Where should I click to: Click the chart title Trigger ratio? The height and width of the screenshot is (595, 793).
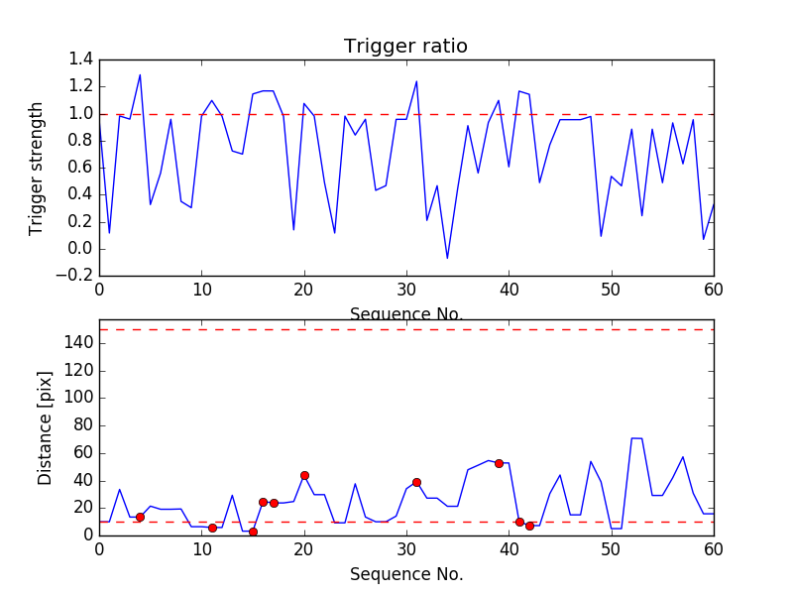tap(405, 47)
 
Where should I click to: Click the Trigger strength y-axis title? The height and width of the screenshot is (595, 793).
tap(37, 168)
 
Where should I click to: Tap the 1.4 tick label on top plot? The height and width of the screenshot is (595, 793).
tap(81, 59)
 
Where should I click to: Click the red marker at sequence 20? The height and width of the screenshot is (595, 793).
tap(304, 475)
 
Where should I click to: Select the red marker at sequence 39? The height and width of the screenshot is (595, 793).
tap(499, 463)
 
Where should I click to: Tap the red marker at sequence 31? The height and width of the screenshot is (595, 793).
tap(416, 482)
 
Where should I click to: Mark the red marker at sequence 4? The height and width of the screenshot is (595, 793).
tap(140, 517)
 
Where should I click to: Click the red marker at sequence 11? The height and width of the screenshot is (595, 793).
tap(212, 528)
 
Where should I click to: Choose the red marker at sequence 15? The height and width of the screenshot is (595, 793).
tap(253, 532)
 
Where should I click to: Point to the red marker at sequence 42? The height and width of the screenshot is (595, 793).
tap(529, 526)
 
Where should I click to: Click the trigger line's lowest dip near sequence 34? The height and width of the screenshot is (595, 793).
tap(447, 258)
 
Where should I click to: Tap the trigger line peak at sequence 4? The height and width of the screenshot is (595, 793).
tap(140, 75)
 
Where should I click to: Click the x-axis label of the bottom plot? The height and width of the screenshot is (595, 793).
tap(405, 574)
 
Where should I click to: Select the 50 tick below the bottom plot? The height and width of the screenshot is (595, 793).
tap(611, 548)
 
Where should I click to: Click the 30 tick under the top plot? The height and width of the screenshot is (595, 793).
tap(406, 290)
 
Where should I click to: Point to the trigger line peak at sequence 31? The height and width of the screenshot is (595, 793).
tap(416, 81)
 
